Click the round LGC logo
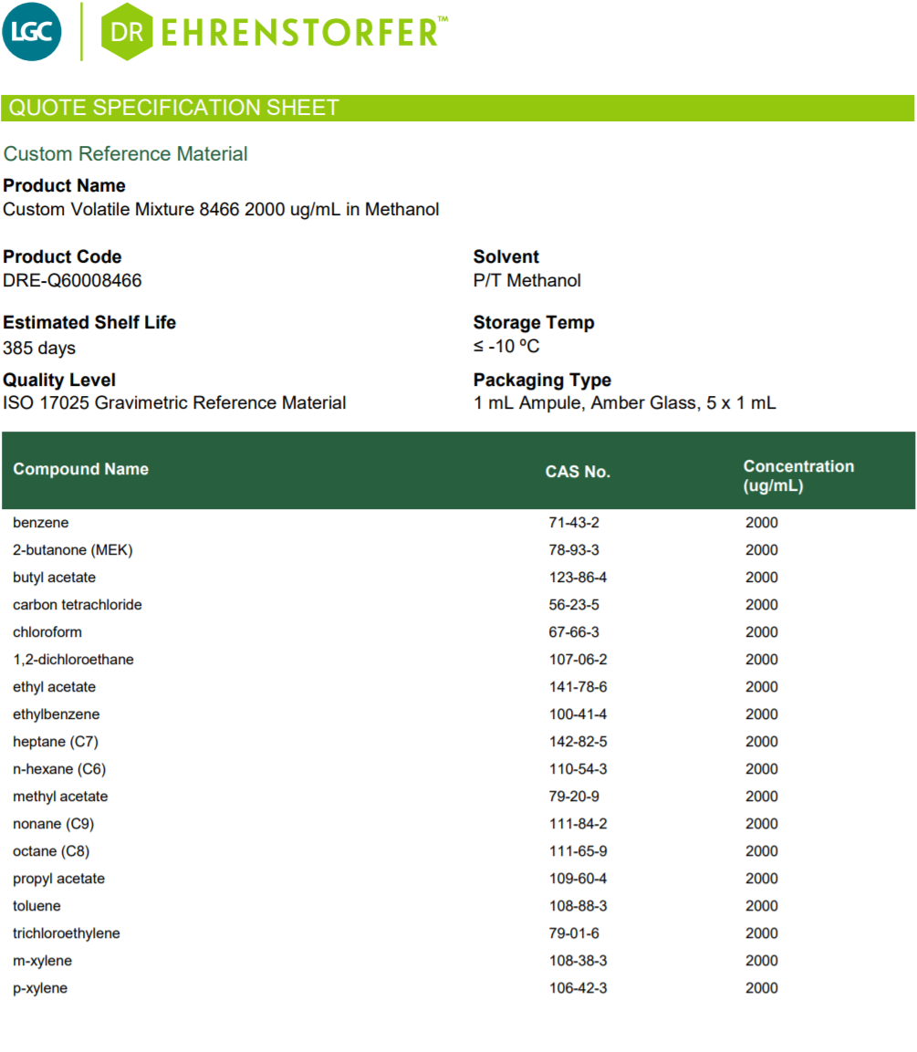[33, 32]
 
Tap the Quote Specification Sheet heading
[173, 108]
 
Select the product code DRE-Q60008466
[72, 281]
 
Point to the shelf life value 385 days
[39, 348]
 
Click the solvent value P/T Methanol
[526, 281]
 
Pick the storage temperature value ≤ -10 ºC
[506, 347]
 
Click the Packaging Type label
[542, 380]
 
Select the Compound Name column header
[80, 469]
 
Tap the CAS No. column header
[578, 472]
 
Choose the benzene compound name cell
[41, 523]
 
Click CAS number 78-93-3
[574, 550]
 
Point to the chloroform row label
[47, 632]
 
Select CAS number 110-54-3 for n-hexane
[578, 769]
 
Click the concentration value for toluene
[762, 906]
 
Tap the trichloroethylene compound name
[67, 933]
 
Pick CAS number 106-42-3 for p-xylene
[578, 988]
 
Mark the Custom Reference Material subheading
[126, 154]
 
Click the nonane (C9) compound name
[53, 824]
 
